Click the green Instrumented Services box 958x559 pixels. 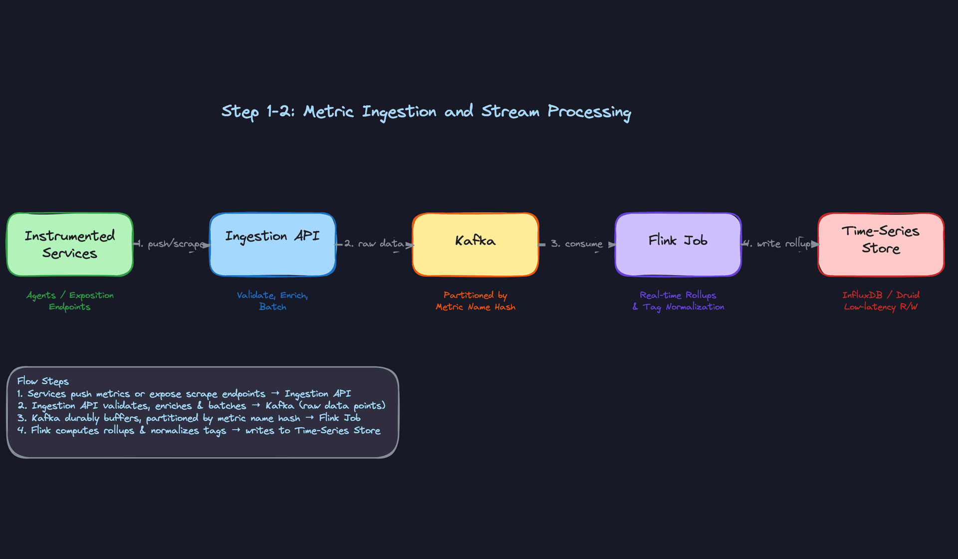click(x=70, y=245)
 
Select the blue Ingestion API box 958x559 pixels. click(x=272, y=245)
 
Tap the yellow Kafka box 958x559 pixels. click(x=475, y=245)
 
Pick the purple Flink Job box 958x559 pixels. click(x=678, y=245)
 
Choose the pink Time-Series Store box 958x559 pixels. click(x=881, y=245)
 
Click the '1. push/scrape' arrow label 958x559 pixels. click(x=171, y=244)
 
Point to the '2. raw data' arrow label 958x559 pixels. click(x=374, y=244)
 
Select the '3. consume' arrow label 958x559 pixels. click(x=577, y=244)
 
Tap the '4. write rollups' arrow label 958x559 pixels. click(x=779, y=244)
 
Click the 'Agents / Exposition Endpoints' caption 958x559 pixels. click(x=70, y=301)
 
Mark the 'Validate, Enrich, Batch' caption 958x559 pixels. click(x=272, y=301)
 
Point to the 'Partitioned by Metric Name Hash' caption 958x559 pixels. click(x=475, y=301)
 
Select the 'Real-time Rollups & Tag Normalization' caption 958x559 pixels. click(x=678, y=301)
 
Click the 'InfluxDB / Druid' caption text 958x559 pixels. click(x=881, y=295)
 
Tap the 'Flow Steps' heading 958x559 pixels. click(x=43, y=381)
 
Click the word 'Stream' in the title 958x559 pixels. click(x=510, y=111)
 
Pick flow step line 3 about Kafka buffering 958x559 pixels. click(x=189, y=418)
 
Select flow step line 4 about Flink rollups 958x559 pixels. click(x=199, y=430)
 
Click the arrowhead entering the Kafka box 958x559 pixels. click(x=410, y=245)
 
